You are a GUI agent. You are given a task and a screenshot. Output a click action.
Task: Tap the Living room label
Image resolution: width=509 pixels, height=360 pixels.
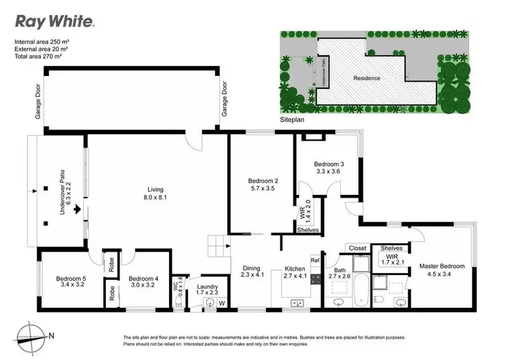pyautogui.click(x=156, y=194)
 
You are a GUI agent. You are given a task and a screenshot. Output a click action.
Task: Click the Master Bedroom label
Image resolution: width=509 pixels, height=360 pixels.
pyautogui.click(x=442, y=270)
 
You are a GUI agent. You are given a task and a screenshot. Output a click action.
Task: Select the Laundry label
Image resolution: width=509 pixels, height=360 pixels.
pyautogui.click(x=206, y=291)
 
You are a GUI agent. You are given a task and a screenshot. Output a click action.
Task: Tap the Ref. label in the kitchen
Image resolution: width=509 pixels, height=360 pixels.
pyautogui.click(x=315, y=260)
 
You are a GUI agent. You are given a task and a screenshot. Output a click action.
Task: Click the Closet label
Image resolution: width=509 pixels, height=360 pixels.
pyautogui.click(x=358, y=248)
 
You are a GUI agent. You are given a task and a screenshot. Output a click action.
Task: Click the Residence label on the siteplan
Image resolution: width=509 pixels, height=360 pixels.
pyautogui.click(x=366, y=77)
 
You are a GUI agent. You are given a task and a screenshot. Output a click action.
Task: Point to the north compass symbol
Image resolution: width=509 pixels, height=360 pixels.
pyautogui.click(x=35, y=335)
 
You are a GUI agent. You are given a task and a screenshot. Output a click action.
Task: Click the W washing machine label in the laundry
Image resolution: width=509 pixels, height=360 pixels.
pyautogui.click(x=221, y=302)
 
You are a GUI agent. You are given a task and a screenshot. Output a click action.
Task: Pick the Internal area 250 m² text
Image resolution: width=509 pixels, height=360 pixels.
pyautogui.click(x=41, y=42)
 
